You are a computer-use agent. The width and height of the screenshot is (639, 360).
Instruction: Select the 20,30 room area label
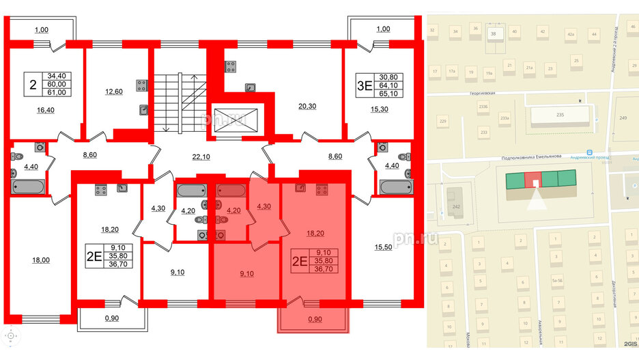point(309,106)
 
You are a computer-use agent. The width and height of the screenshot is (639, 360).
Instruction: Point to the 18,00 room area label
point(41,260)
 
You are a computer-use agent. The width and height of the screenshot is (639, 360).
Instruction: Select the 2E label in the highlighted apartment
point(299,260)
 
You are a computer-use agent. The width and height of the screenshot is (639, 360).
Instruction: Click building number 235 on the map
point(559,115)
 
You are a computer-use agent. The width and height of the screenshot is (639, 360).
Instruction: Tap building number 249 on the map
point(623,118)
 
